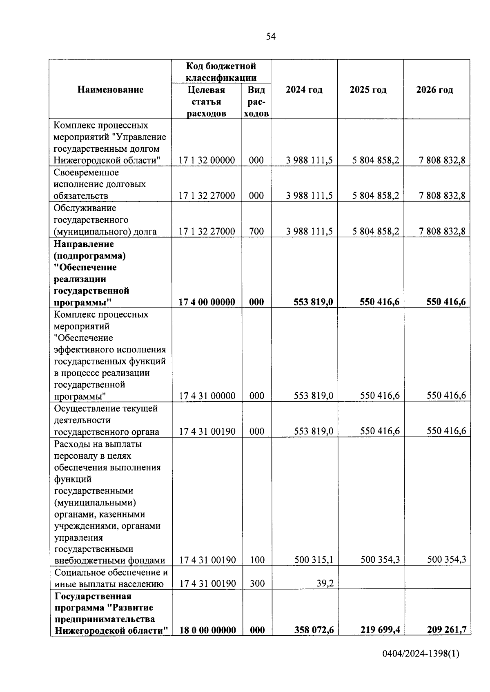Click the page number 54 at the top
(271, 37)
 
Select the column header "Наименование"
(110, 90)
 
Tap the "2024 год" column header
(304, 90)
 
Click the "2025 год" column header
(368, 90)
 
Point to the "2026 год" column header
(434, 90)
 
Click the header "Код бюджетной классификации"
(221, 72)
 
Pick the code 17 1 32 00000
(207, 160)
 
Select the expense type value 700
(256, 231)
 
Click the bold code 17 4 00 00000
(207, 302)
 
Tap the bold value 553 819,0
(313, 302)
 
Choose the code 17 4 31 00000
(207, 396)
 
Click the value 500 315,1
(314, 560)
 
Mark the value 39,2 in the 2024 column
(325, 584)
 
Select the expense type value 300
(257, 584)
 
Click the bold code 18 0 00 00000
(207, 630)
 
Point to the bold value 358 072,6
(314, 630)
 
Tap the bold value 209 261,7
(447, 630)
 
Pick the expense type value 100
(257, 560)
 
